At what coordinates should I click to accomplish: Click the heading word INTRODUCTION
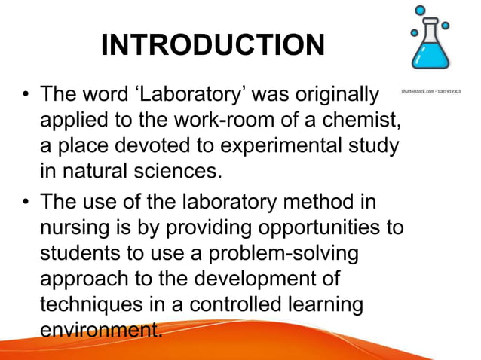[213, 46]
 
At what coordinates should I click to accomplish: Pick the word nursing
[75, 228]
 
